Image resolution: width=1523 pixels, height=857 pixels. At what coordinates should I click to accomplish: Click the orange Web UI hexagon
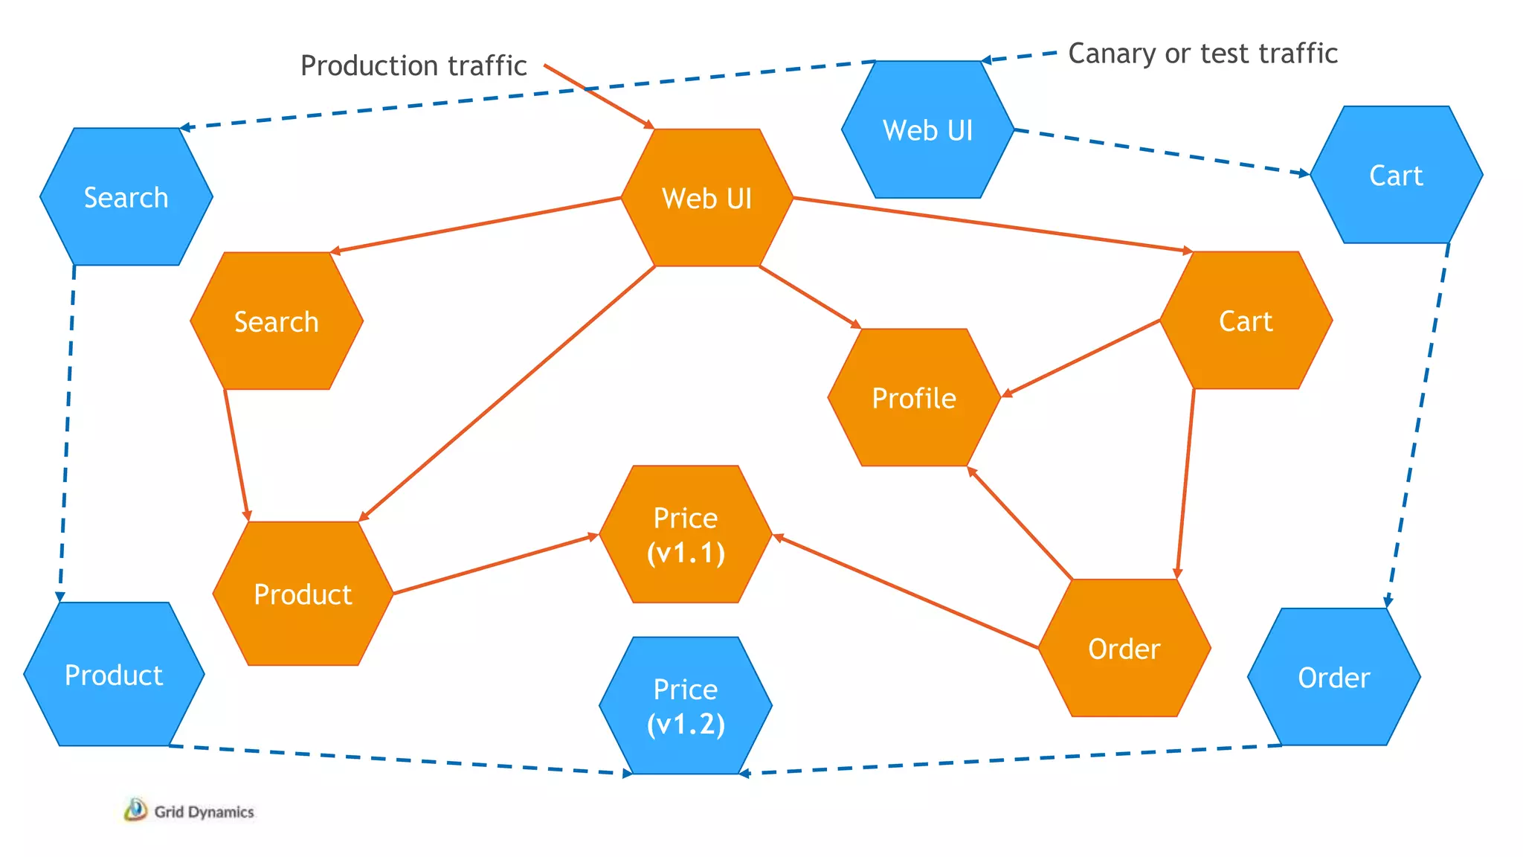tap(706, 198)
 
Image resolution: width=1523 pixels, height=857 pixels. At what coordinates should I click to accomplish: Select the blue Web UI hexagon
tap(927, 130)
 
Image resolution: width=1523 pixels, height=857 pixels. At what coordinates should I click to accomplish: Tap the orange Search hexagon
tap(276, 321)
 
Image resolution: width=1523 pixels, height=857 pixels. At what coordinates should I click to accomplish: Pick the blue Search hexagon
tap(126, 197)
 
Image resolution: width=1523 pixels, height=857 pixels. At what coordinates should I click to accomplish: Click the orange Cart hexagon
tap(1246, 321)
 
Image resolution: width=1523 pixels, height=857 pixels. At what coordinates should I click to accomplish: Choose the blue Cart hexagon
tap(1396, 176)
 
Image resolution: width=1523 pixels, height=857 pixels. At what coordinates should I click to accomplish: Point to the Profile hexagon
tap(914, 398)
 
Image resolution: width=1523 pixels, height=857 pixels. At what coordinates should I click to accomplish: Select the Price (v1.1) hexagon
tap(685, 535)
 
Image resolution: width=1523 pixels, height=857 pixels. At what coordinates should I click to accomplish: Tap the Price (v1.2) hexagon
tap(685, 706)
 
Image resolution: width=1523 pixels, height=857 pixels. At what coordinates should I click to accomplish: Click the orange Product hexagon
tap(303, 594)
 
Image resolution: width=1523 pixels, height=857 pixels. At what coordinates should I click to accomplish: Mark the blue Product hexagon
tap(114, 675)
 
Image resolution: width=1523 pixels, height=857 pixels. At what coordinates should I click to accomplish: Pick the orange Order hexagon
tap(1124, 649)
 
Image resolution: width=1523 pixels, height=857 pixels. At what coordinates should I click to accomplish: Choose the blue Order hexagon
tap(1333, 678)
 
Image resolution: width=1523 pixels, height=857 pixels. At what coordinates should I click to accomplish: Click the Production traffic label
tap(413, 65)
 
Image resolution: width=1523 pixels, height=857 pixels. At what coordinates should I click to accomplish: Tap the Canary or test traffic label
tap(1202, 54)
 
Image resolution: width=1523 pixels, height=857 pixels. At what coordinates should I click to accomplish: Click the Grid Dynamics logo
tap(189, 811)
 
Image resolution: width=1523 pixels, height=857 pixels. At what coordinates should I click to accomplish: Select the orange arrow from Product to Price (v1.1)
tap(495, 564)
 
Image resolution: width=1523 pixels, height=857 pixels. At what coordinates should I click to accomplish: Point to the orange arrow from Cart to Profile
tap(1082, 358)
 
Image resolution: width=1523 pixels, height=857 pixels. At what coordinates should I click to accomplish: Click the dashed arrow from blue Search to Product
tap(67, 431)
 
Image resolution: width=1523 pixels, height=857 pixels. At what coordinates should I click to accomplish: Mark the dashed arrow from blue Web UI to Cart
tap(1160, 152)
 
